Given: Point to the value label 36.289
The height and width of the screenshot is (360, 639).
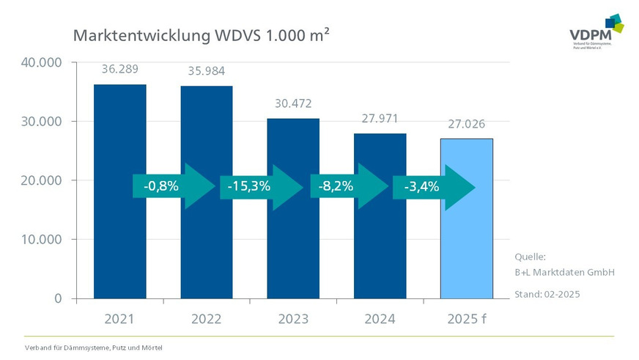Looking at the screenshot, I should [119, 70].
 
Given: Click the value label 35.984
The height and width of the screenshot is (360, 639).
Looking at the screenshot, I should [207, 72].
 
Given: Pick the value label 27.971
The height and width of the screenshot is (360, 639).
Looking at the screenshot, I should [380, 118].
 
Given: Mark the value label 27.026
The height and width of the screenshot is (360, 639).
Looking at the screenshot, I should [466, 124].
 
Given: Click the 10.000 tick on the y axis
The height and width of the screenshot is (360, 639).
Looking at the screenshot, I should [43, 240].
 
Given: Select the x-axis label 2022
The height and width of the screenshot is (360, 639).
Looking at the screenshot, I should [207, 320].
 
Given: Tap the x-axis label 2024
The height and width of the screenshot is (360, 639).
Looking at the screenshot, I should [380, 320].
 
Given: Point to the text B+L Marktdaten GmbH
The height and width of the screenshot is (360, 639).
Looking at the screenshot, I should [564, 272].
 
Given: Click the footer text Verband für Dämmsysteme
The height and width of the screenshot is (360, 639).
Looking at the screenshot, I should [93, 347].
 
